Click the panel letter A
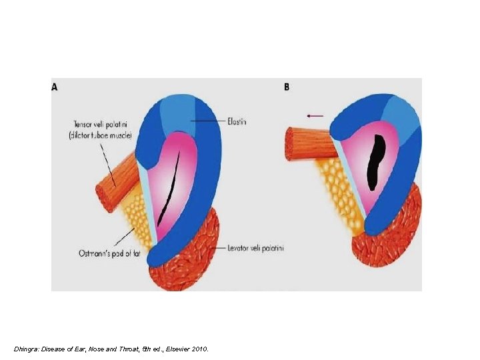pyautogui.click(x=55, y=87)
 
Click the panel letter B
pyautogui.click(x=287, y=87)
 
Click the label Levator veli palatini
pyautogui.click(x=255, y=248)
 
